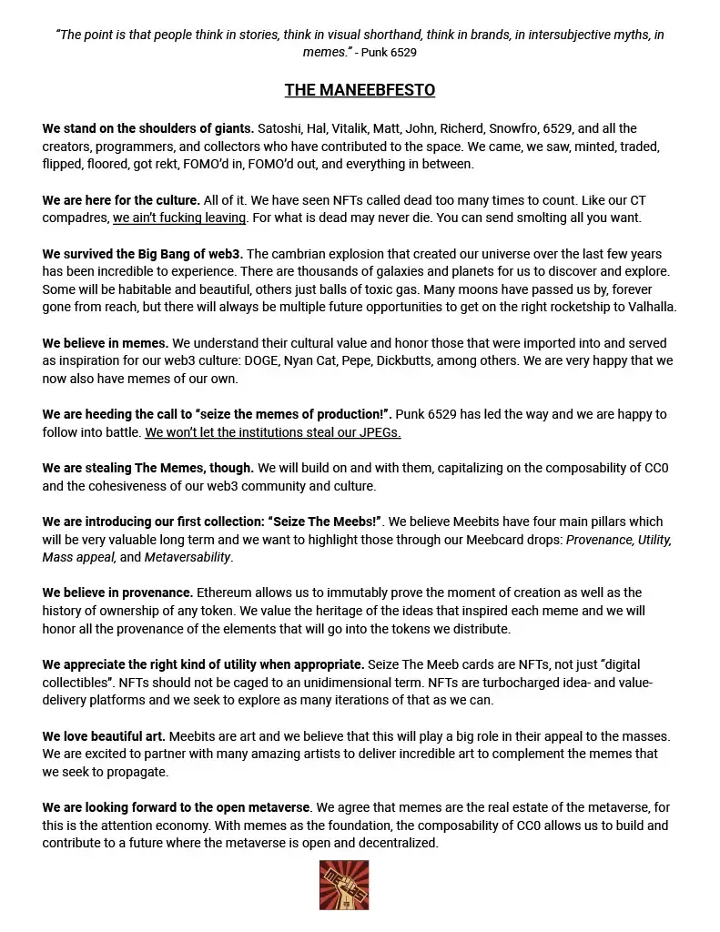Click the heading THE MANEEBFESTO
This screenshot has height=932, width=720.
(360, 90)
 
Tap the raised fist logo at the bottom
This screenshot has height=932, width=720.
(343, 886)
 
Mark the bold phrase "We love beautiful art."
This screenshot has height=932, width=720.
(104, 736)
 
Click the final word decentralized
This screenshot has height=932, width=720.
(393, 843)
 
